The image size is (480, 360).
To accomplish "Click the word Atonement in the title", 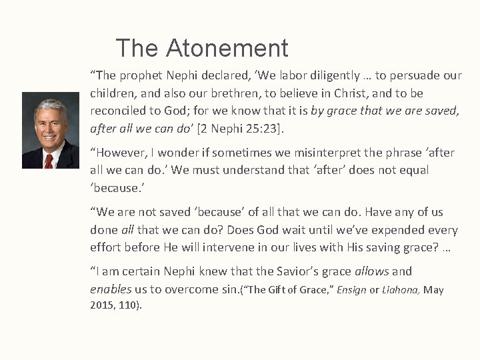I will click(x=227, y=48).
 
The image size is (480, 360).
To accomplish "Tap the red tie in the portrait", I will click(x=49, y=160).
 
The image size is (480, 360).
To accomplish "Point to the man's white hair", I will click(x=50, y=107).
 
